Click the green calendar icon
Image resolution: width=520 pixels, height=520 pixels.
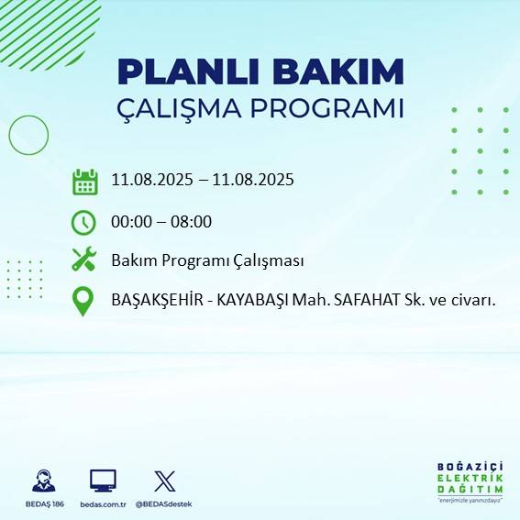pyautogui.click(x=85, y=182)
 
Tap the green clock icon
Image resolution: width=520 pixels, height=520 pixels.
pyautogui.click(x=83, y=222)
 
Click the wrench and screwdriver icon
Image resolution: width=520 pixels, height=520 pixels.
pyautogui.click(x=84, y=260)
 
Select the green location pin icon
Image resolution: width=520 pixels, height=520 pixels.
pyautogui.click(x=83, y=301)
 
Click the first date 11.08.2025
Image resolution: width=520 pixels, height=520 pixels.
pyautogui.click(x=151, y=180)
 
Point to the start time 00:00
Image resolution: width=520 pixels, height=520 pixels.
pyautogui.click(x=130, y=221)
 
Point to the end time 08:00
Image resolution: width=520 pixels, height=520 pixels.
pyautogui.click(x=193, y=221)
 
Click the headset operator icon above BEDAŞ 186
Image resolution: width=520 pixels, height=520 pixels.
pyautogui.click(x=42, y=481)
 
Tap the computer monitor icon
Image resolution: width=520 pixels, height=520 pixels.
pyautogui.click(x=103, y=481)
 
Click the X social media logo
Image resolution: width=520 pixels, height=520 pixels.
pyautogui.click(x=165, y=481)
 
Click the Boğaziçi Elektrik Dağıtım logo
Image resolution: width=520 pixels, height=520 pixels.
pyautogui.click(x=470, y=481)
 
